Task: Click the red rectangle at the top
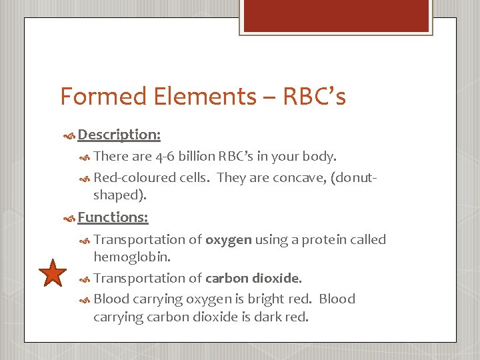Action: coord(335,16)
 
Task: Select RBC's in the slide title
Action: coord(314,97)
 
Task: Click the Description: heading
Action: coord(119,135)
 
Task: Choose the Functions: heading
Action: coord(113,217)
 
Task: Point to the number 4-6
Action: coord(165,157)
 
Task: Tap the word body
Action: coord(320,157)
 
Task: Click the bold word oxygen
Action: coord(228,240)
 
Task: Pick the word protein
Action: coord(323,240)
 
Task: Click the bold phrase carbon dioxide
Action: coord(253,279)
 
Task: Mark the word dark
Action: coord(272,317)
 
